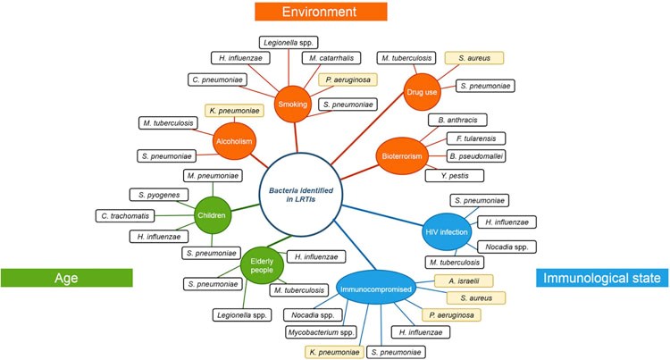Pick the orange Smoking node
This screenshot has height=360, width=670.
tap(292, 104)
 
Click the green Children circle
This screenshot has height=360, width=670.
tap(214, 215)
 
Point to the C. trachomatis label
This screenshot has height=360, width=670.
tap(130, 215)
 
